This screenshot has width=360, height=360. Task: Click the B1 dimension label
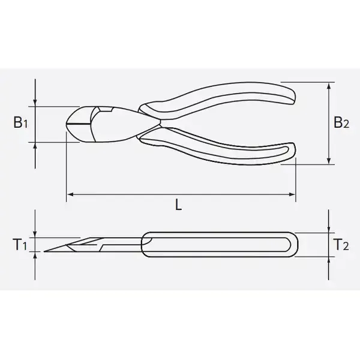pyautogui.click(x=20, y=122)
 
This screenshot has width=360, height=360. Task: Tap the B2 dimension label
pyautogui.click(x=341, y=122)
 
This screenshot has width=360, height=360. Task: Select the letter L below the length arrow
pyautogui.click(x=178, y=205)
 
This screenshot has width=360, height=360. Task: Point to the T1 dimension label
pyautogui.click(x=20, y=244)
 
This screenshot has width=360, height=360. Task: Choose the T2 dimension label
pyautogui.click(x=341, y=244)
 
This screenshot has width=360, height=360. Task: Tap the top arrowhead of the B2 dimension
pyautogui.click(x=329, y=86)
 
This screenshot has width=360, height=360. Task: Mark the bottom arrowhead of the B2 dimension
pyautogui.click(x=329, y=161)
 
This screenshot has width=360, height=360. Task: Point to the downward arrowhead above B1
pyautogui.click(x=35, y=103)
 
